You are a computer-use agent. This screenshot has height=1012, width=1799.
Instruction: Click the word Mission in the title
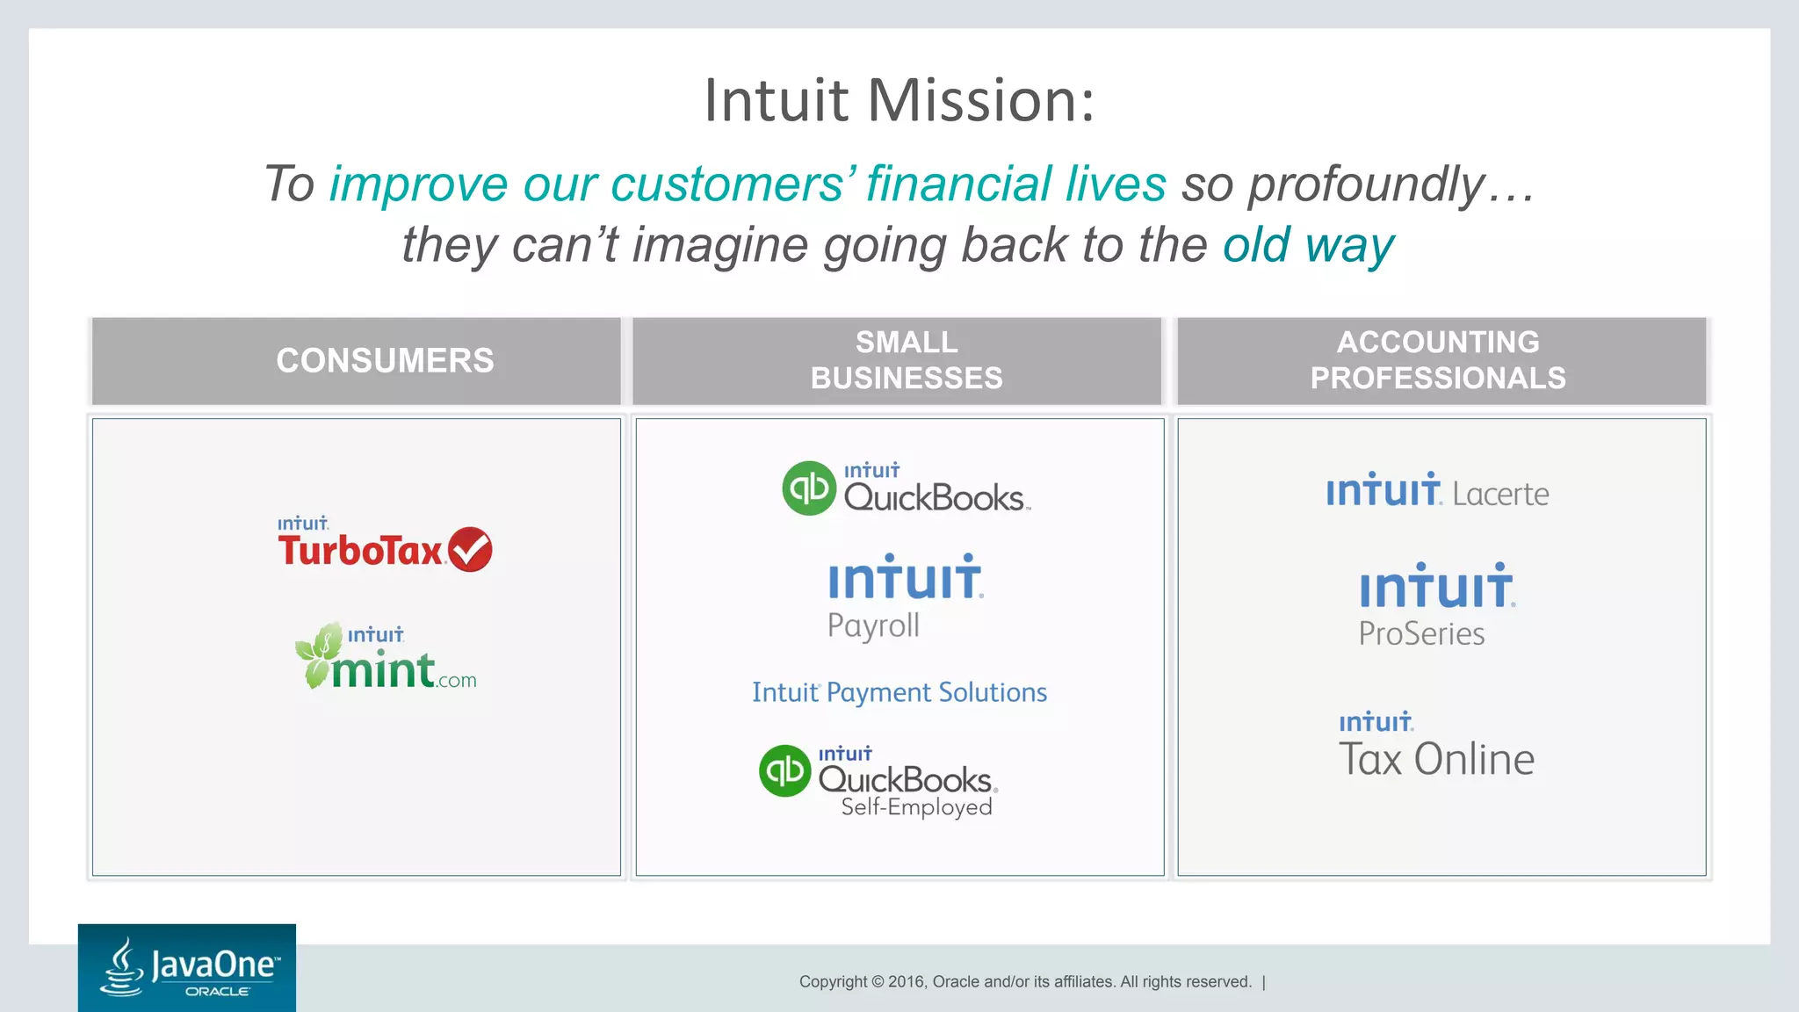(x=981, y=101)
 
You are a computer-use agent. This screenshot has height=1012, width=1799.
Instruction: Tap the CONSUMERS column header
(x=385, y=360)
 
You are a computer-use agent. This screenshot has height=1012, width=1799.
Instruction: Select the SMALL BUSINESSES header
(x=906, y=360)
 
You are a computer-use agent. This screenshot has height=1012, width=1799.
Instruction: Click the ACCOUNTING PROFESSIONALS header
(x=1438, y=360)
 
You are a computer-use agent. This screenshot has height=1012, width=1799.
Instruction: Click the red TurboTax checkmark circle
(x=470, y=550)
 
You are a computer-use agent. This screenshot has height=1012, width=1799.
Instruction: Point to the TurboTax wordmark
(x=360, y=552)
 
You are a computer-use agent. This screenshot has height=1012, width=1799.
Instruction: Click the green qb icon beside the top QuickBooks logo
(x=808, y=488)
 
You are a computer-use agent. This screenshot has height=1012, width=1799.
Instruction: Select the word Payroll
(x=873, y=625)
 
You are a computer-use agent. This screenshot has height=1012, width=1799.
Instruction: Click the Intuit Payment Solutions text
(x=899, y=692)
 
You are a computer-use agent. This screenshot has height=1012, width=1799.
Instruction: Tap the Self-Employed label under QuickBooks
(x=916, y=806)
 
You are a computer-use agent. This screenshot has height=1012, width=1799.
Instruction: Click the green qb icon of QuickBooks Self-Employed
(x=784, y=770)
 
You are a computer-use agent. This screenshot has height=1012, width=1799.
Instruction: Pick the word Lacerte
(x=1500, y=494)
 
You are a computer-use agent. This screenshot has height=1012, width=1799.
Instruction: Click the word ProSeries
(x=1421, y=633)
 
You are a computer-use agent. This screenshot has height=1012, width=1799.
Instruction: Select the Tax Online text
(x=1436, y=759)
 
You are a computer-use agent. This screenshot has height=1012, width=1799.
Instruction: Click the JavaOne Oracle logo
(x=187, y=967)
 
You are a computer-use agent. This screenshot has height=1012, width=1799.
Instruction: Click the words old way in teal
(x=1308, y=245)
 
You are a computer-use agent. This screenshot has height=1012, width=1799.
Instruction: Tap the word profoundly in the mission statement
(x=1366, y=184)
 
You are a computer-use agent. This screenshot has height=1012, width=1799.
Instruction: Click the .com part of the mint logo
(x=457, y=681)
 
